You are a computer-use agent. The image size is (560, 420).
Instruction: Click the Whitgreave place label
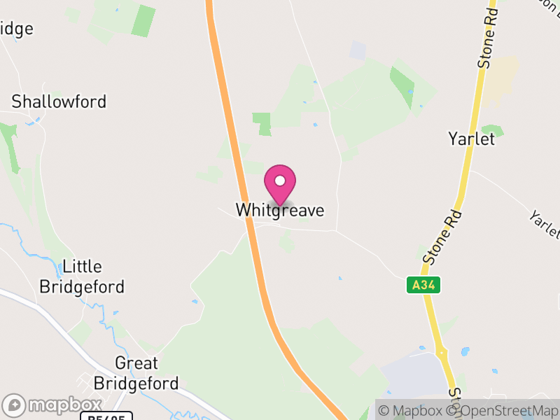[x=280, y=210]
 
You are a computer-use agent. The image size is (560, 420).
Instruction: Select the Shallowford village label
[x=59, y=101]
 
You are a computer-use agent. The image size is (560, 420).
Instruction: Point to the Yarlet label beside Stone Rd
[x=471, y=139]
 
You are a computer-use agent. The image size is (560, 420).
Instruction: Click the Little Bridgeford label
[x=82, y=276]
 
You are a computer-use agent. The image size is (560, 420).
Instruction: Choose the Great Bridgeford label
[x=136, y=373]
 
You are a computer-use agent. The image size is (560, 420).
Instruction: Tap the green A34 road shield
[x=423, y=285]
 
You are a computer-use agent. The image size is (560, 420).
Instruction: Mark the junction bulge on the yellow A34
[x=442, y=351]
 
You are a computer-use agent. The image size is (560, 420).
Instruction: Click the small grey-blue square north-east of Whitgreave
[x=358, y=50]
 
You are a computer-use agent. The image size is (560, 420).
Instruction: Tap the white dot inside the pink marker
[x=280, y=181]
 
